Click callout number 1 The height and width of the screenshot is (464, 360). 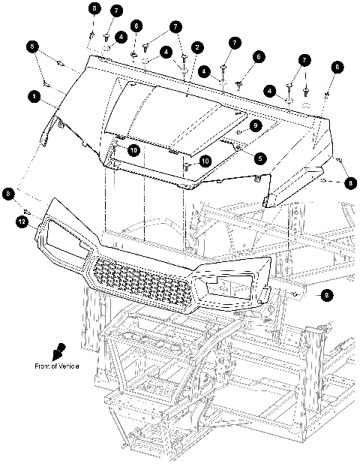point(33,97)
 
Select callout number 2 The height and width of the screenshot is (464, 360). point(196,47)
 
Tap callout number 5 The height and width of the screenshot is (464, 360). point(259,158)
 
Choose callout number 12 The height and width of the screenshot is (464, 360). point(23,221)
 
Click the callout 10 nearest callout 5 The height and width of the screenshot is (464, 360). point(204,160)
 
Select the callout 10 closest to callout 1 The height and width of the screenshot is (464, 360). point(133,150)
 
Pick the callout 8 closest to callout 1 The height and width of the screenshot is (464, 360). point(32,47)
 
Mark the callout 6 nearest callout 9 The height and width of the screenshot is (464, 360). point(258,56)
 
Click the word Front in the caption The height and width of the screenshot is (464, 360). point(43,366)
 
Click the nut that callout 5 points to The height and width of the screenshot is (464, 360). point(238,149)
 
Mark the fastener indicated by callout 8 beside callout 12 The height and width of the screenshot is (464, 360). point(27,210)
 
